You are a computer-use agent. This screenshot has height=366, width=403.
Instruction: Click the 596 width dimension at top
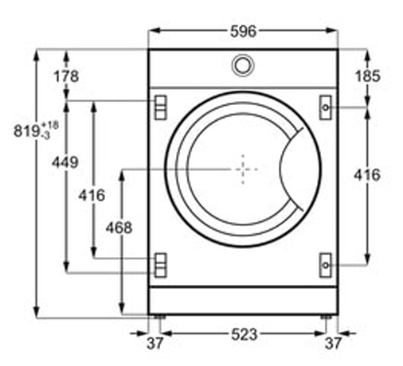243,31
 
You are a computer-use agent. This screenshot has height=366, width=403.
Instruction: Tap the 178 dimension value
66,76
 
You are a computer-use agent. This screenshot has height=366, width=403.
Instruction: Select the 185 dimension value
368,76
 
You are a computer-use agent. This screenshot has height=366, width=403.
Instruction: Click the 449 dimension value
65,162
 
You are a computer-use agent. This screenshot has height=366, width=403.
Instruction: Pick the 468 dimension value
119,228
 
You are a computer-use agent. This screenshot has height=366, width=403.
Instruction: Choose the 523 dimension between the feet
245,334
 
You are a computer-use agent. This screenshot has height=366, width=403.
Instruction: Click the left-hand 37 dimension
155,343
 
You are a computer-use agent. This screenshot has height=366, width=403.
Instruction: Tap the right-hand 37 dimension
333,343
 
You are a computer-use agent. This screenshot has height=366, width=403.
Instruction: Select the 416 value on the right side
367,175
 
